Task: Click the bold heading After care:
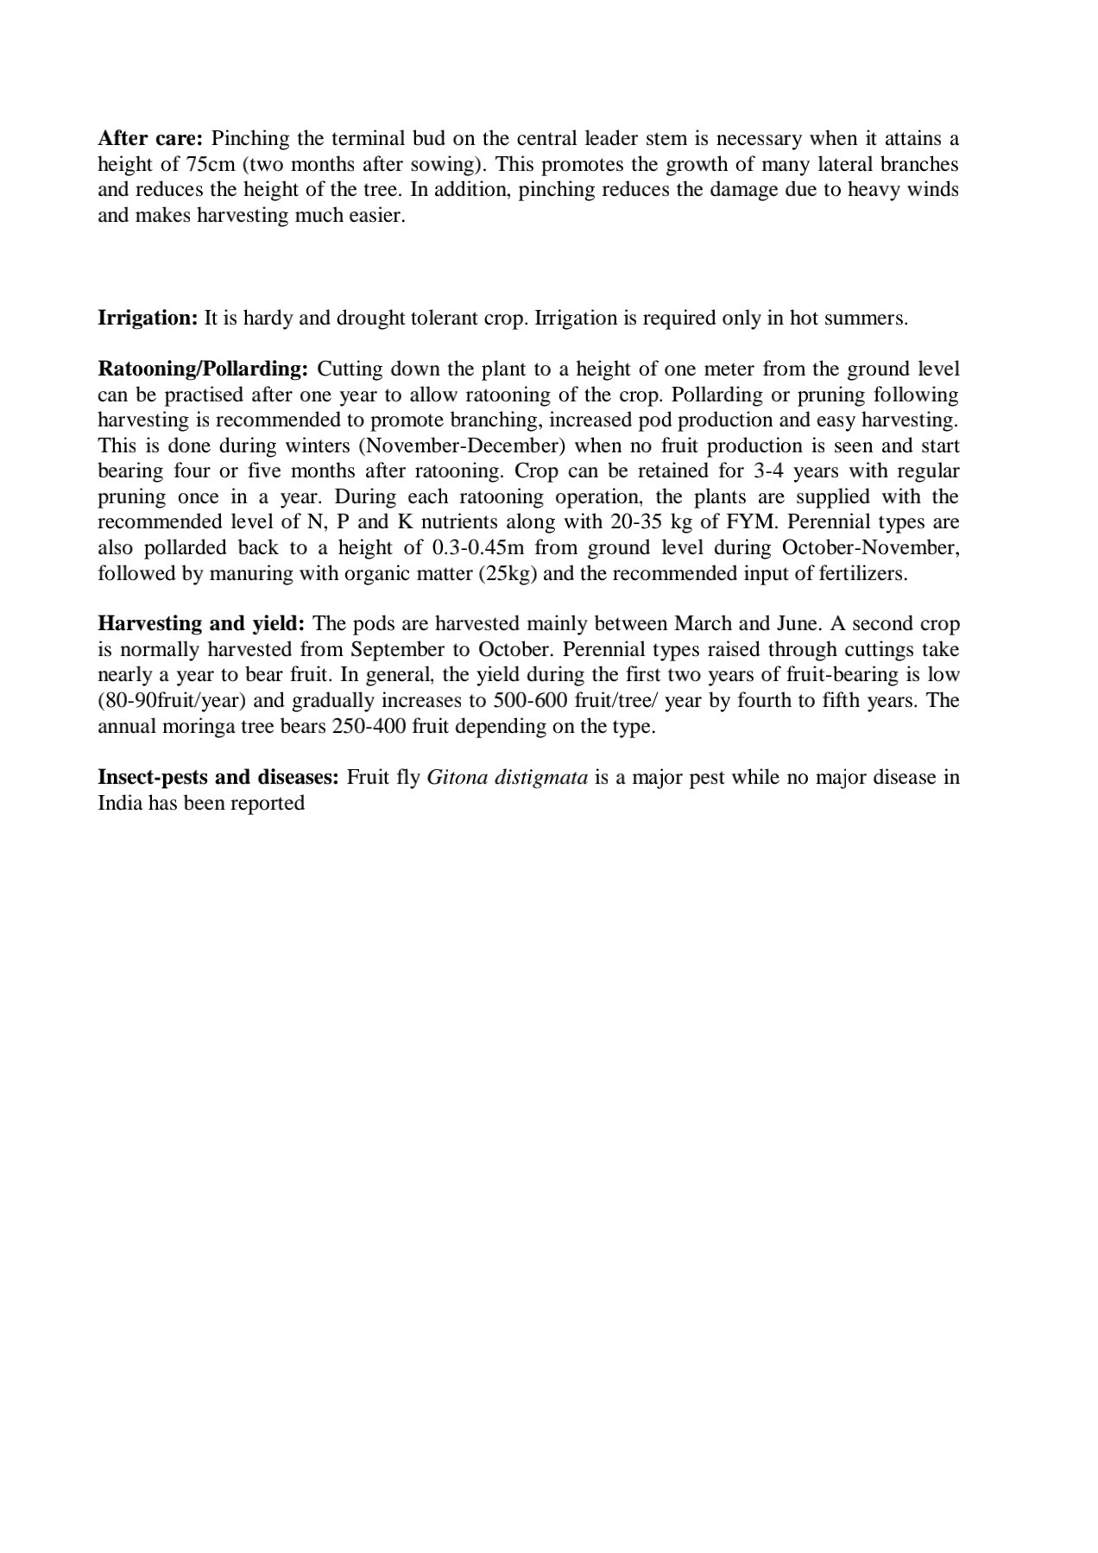149,139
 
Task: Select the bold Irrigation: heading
148,318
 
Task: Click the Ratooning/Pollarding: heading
203,369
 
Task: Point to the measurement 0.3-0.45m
477,548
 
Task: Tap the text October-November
870,548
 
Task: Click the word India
119,803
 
